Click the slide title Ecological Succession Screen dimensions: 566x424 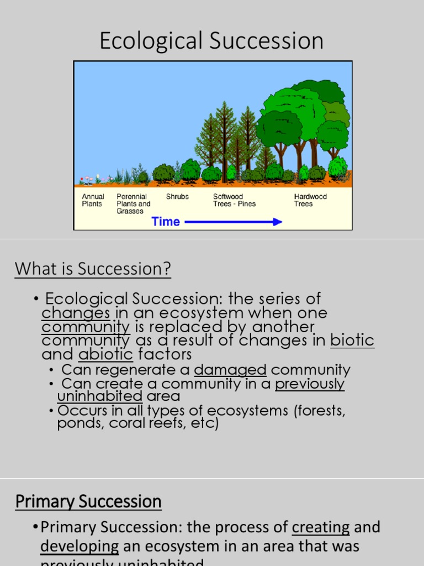(211, 41)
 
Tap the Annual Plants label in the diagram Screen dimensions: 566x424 (93, 200)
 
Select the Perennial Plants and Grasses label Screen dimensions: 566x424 (134, 204)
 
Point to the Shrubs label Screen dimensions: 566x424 (177, 197)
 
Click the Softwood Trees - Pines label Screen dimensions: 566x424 (235, 200)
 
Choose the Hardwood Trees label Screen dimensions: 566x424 (310, 200)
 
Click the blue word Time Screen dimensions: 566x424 (166, 222)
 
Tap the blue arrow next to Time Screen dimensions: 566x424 (234, 222)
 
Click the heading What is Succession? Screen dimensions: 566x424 (93, 269)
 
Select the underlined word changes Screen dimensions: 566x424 (76, 313)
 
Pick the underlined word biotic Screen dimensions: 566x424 (352, 340)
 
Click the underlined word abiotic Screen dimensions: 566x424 (105, 354)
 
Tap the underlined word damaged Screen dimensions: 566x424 (230, 370)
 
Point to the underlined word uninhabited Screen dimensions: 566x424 (100, 396)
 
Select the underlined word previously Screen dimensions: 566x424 (310, 384)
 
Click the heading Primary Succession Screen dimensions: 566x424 (88, 502)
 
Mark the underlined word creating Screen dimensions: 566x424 (321, 527)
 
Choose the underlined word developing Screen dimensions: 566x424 (79, 547)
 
